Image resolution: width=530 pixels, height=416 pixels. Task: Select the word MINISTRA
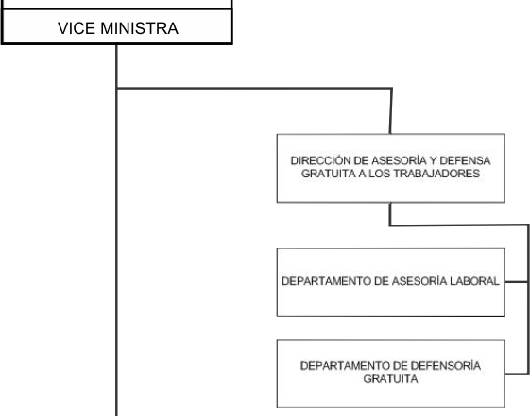pos(139,28)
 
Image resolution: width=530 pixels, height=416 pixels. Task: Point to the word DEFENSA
pos(465,160)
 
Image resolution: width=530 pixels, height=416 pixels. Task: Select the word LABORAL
pos(474,281)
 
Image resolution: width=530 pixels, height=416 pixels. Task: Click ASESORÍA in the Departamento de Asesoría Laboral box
pos(419,281)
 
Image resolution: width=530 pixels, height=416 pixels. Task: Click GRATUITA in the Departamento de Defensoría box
pos(391,379)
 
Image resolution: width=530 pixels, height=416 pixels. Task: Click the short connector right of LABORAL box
pos(517,281)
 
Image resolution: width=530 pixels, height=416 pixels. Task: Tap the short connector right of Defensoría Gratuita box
pos(517,374)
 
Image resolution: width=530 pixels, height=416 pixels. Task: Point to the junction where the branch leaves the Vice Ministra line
pos(116,89)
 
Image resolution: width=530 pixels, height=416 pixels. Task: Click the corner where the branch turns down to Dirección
pos(392,89)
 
